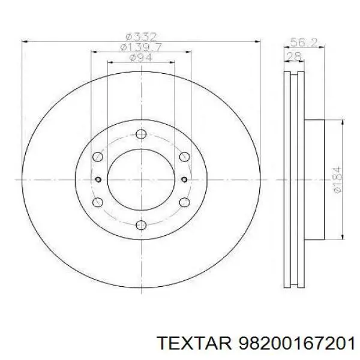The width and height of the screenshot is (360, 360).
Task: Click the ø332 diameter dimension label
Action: [x=142, y=37]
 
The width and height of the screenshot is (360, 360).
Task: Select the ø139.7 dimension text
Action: [x=141, y=47]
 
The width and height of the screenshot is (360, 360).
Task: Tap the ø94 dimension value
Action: [x=141, y=58]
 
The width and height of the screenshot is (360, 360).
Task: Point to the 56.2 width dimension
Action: [x=304, y=42]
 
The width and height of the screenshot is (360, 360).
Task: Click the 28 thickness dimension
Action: [x=294, y=56]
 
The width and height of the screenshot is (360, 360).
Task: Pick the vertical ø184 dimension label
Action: [x=337, y=180]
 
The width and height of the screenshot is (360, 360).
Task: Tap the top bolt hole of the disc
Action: [x=141, y=134]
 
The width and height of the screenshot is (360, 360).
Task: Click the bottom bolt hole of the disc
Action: [x=141, y=225]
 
